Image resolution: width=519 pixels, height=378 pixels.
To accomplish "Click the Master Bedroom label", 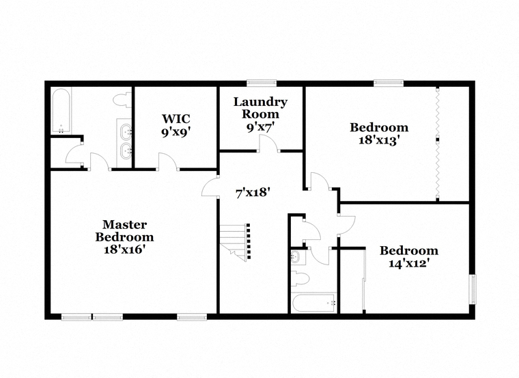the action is click(x=124, y=231).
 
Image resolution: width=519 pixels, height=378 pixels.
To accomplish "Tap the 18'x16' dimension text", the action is click(x=124, y=249).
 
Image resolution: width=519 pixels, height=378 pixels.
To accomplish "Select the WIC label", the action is click(x=176, y=119).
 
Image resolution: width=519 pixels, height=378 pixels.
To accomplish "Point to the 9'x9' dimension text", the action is click(x=177, y=133).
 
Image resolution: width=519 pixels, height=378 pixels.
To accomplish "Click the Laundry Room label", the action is click(x=260, y=108).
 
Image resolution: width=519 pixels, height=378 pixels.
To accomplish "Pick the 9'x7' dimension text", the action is click(x=261, y=127).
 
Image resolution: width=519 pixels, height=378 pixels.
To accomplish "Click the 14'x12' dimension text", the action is click(x=409, y=263).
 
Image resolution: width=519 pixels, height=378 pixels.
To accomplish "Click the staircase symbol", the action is click(x=236, y=241).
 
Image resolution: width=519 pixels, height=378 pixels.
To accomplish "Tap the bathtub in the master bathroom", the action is click(x=61, y=111).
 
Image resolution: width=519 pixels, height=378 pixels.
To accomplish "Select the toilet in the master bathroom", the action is click(x=122, y=100).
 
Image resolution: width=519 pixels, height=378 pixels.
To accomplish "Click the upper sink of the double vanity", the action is click(x=126, y=132).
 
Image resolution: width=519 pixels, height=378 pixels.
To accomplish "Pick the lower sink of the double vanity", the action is click(x=126, y=151).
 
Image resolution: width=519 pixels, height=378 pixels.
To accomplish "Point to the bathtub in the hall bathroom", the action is click(x=314, y=302).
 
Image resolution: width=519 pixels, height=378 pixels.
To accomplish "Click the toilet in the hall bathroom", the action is click(x=300, y=279).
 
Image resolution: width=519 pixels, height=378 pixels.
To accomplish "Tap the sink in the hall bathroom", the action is click(x=295, y=257).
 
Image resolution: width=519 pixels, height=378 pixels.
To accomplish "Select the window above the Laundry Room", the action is click(x=262, y=83).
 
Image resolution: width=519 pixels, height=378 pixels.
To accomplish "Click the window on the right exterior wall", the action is click(x=473, y=289).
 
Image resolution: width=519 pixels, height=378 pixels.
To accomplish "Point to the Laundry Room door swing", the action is click(x=268, y=143).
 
